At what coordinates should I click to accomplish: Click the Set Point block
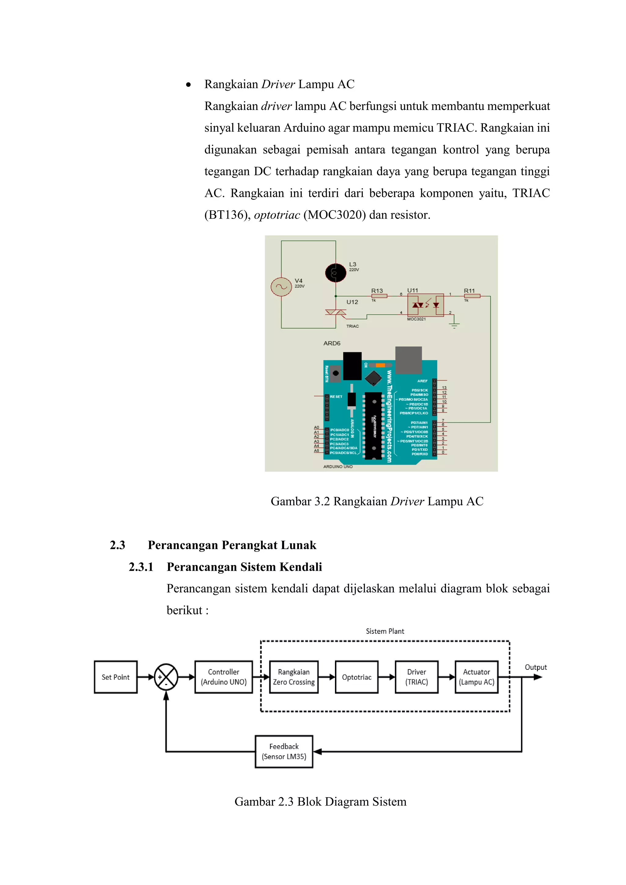(x=116, y=677)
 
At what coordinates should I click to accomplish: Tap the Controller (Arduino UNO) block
(x=223, y=677)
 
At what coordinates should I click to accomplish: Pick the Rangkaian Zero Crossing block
(x=294, y=677)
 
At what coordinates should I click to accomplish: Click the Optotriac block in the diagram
(x=357, y=677)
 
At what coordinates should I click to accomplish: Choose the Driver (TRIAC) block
(x=416, y=677)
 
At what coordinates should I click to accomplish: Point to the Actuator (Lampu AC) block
(x=477, y=677)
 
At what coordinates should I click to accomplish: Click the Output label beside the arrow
(x=536, y=667)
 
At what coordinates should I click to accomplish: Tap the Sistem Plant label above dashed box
(x=385, y=631)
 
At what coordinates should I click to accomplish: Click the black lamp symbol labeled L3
(x=335, y=273)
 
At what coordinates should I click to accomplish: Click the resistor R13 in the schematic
(x=379, y=296)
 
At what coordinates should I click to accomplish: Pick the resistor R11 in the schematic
(x=472, y=296)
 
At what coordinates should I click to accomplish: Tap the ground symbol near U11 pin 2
(x=455, y=325)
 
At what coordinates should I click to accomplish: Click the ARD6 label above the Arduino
(x=332, y=343)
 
